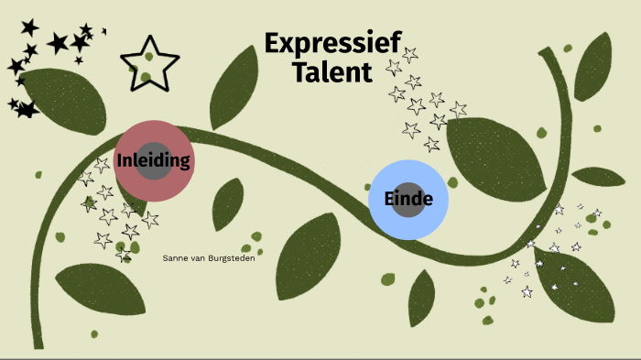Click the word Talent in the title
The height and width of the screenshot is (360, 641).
[332, 72]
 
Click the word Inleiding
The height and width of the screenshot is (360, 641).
[154, 161]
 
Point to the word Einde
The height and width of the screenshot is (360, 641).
[408, 199]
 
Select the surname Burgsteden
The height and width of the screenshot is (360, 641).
[230, 258]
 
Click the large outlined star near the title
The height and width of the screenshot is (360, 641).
[149, 63]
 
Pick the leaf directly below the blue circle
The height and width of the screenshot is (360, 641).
[422, 298]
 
